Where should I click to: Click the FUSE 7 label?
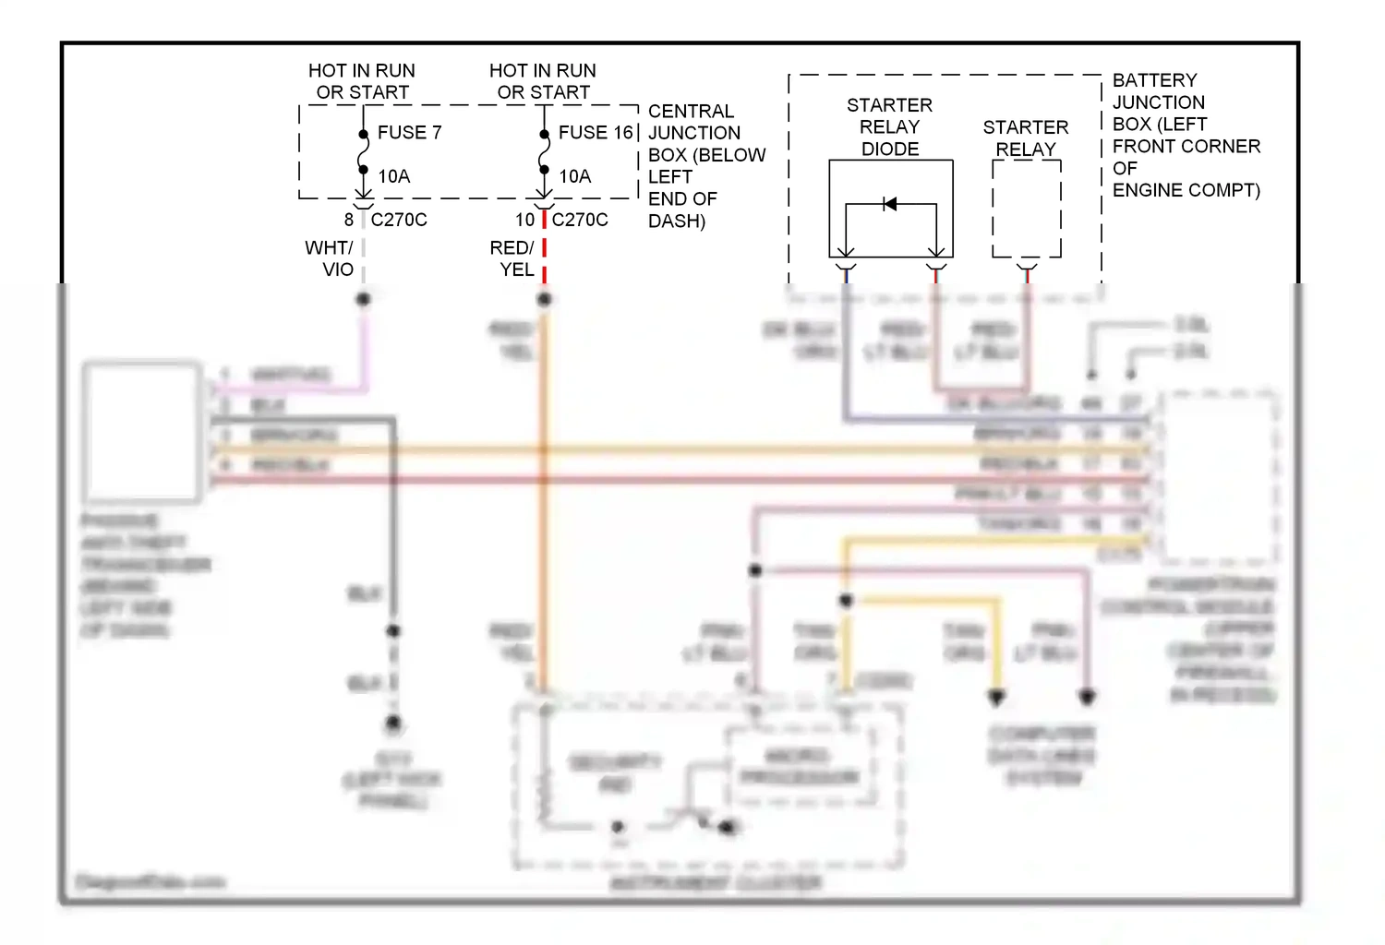tap(409, 132)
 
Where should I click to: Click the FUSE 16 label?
tap(596, 132)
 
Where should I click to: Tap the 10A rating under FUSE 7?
tap(393, 176)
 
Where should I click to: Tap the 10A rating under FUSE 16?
tap(574, 176)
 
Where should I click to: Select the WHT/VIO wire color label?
tap(330, 258)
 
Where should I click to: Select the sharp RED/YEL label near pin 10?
tap(512, 258)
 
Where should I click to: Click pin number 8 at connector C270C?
tap(349, 220)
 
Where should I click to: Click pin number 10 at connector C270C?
tap(524, 220)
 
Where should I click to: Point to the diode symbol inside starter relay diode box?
tap(889, 204)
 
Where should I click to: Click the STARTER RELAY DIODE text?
tap(889, 126)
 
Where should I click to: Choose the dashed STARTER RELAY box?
tap(1026, 209)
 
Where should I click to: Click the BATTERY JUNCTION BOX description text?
tap(1185, 135)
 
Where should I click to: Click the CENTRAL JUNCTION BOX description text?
tap(705, 166)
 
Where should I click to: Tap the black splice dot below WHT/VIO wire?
tap(363, 299)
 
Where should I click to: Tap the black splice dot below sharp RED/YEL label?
tap(544, 299)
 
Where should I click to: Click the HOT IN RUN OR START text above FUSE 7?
tap(362, 81)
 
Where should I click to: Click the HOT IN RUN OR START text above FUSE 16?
tap(543, 81)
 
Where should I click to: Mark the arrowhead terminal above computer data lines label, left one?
tap(996, 697)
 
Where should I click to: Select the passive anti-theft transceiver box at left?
tap(141, 432)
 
